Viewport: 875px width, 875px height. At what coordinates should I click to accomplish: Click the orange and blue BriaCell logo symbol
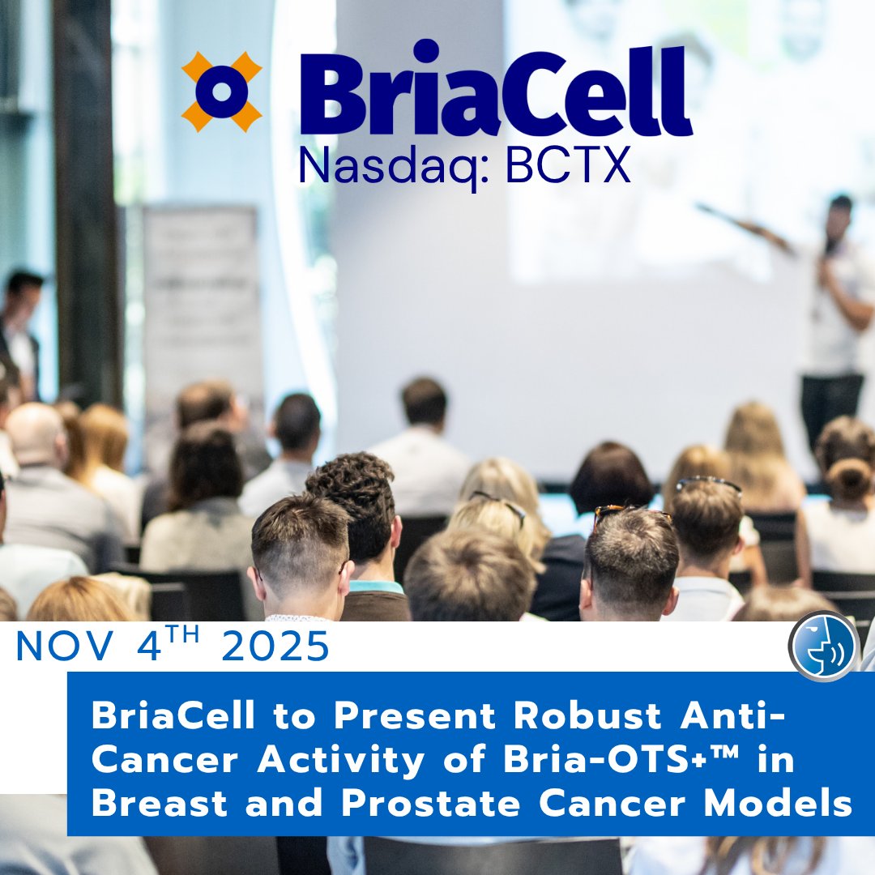(221, 92)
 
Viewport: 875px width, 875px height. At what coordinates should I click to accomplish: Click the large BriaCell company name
(496, 89)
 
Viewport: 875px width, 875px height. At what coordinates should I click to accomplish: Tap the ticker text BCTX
(567, 165)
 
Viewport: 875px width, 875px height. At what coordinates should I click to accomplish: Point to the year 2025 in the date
(275, 647)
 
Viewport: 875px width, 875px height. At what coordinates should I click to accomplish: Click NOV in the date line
(65, 647)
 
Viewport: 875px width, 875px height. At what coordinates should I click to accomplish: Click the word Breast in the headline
(160, 804)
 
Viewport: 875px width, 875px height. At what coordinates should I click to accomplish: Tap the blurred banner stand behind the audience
(202, 313)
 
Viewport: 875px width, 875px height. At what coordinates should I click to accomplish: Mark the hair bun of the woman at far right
(849, 478)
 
